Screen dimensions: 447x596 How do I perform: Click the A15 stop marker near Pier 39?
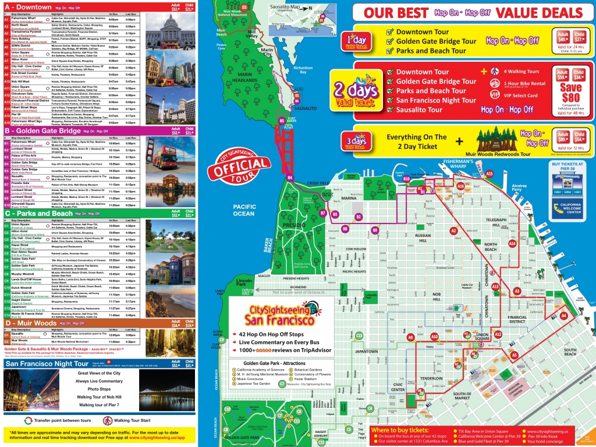click(489, 173)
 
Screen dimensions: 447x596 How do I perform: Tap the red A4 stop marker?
click(563, 315)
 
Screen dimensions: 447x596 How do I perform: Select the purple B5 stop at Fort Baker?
click(282, 120)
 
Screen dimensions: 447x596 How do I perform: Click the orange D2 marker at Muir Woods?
click(244, 7)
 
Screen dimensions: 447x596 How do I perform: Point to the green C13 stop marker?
click(359, 335)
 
